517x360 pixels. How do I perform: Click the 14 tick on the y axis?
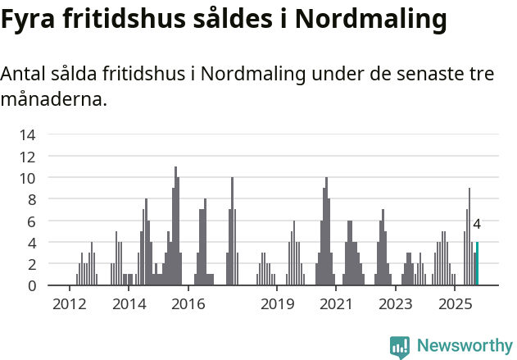(x=28, y=134)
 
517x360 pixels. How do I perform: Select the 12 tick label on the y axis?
(x=28, y=156)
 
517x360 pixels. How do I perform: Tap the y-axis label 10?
(x=28, y=178)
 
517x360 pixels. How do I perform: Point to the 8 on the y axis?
(x=32, y=199)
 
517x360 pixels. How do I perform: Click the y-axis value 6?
(x=32, y=221)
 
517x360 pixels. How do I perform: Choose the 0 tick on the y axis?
(x=32, y=285)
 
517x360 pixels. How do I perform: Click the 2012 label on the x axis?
(x=70, y=304)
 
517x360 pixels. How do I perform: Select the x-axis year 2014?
(x=129, y=304)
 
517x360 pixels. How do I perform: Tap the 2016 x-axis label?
(x=188, y=304)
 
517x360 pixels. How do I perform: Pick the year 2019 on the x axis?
(x=277, y=304)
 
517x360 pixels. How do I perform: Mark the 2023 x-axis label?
(x=396, y=304)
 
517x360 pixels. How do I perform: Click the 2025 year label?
(x=455, y=304)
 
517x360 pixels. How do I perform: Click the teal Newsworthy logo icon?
(x=400, y=346)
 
